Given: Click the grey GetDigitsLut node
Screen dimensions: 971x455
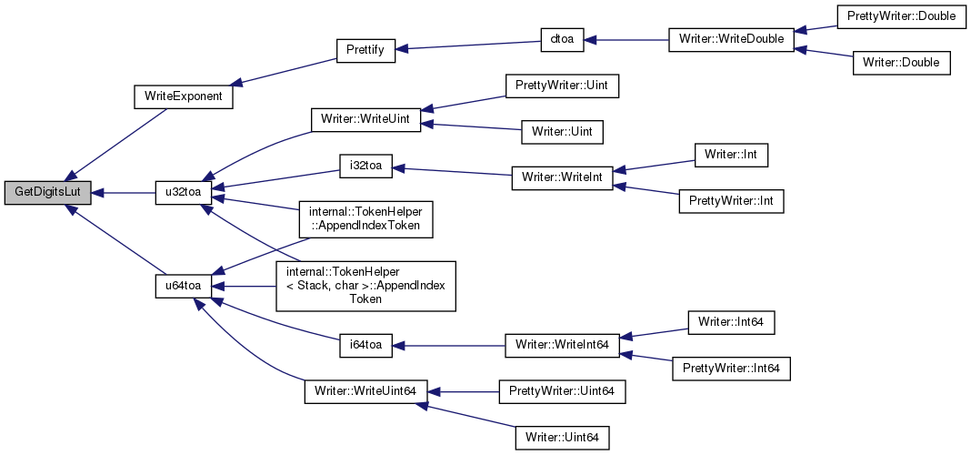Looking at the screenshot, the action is pyautogui.click(x=48, y=193).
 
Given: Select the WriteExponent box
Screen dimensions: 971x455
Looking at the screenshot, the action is pyautogui.click(x=184, y=97).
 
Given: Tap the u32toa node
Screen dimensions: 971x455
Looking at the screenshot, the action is pyautogui.click(x=184, y=193).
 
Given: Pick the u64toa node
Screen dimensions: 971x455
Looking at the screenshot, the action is pyautogui.click(x=184, y=286).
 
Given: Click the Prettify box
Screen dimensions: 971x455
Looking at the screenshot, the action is pyautogui.click(x=365, y=50).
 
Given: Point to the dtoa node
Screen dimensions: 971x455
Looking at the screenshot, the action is pyautogui.click(x=562, y=40).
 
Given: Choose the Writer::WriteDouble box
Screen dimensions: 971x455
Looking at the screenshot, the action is pyautogui.click(x=731, y=40).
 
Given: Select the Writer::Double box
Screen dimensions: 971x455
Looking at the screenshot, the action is pyautogui.click(x=902, y=63).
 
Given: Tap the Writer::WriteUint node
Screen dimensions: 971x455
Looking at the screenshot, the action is pyautogui.click(x=366, y=119).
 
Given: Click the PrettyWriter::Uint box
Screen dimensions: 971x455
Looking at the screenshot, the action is pyautogui.click(x=562, y=86).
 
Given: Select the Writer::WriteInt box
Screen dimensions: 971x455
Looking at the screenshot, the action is pyautogui.click(x=562, y=178).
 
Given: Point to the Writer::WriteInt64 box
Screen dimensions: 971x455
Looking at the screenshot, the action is pyautogui.click(x=562, y=345).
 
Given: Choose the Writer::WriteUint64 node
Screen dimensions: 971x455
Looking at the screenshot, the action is pyautogui.click(x=366, y=392).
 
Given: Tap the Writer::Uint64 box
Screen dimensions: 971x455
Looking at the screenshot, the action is pyautogui.click(x=562, y=438).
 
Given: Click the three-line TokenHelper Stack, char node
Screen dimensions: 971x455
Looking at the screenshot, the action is pyautogui.click(x=366, y=286).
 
